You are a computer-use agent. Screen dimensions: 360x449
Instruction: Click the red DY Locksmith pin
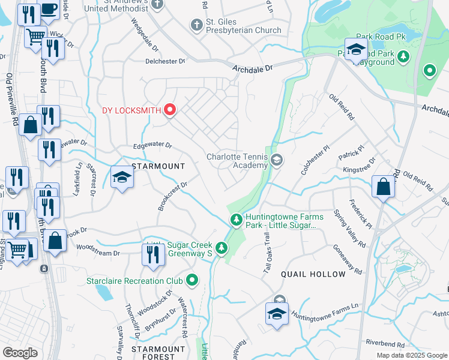point(170,109)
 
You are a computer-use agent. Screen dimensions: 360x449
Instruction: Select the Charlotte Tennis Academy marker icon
point(277,160)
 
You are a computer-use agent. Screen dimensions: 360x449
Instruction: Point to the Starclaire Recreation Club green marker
point(192,280)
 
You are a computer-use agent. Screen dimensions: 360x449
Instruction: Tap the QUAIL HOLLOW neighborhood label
point(313,274)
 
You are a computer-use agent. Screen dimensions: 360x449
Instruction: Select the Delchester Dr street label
point(164,61)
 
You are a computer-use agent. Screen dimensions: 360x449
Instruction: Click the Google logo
point(20,352)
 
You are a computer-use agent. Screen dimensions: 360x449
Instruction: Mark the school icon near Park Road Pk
point(356,49)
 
